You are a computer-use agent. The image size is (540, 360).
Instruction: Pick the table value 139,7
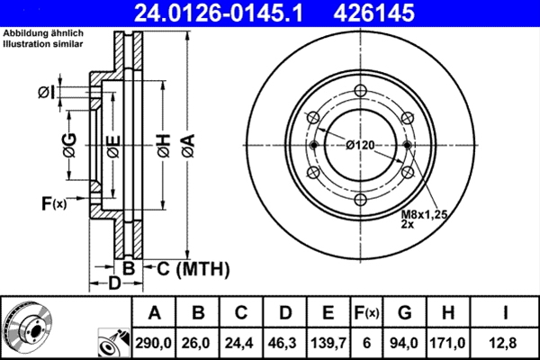[328, 343]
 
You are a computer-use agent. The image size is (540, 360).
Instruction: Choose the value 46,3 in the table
[284, 343]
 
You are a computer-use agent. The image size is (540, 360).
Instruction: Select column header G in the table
[404, 313]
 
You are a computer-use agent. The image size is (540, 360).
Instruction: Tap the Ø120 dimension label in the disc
[360, 145]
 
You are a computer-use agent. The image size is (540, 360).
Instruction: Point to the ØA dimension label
[187, 146]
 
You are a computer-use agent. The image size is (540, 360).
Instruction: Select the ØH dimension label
[162, 146]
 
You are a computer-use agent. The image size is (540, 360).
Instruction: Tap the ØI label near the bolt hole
[48, 92]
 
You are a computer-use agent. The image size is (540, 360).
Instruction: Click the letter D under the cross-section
[113, 285]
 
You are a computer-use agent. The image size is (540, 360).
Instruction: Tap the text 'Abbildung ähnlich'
[40, 34]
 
